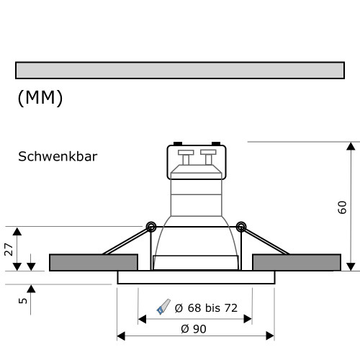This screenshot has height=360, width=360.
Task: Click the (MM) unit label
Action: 40,98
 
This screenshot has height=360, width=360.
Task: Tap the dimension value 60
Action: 343,207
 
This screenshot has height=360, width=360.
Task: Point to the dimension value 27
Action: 8,249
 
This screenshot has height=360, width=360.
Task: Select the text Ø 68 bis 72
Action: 205,308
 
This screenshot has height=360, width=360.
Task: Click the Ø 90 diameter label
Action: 195,328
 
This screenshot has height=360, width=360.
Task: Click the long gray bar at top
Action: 179,70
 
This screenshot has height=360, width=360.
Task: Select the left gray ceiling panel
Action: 93,262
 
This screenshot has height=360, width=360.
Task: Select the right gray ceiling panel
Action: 297,262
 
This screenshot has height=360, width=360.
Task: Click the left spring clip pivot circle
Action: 150,227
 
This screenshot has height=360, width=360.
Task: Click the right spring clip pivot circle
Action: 240,227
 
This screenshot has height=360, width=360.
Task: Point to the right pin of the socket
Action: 208,156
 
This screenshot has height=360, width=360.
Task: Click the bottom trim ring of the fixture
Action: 196,277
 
